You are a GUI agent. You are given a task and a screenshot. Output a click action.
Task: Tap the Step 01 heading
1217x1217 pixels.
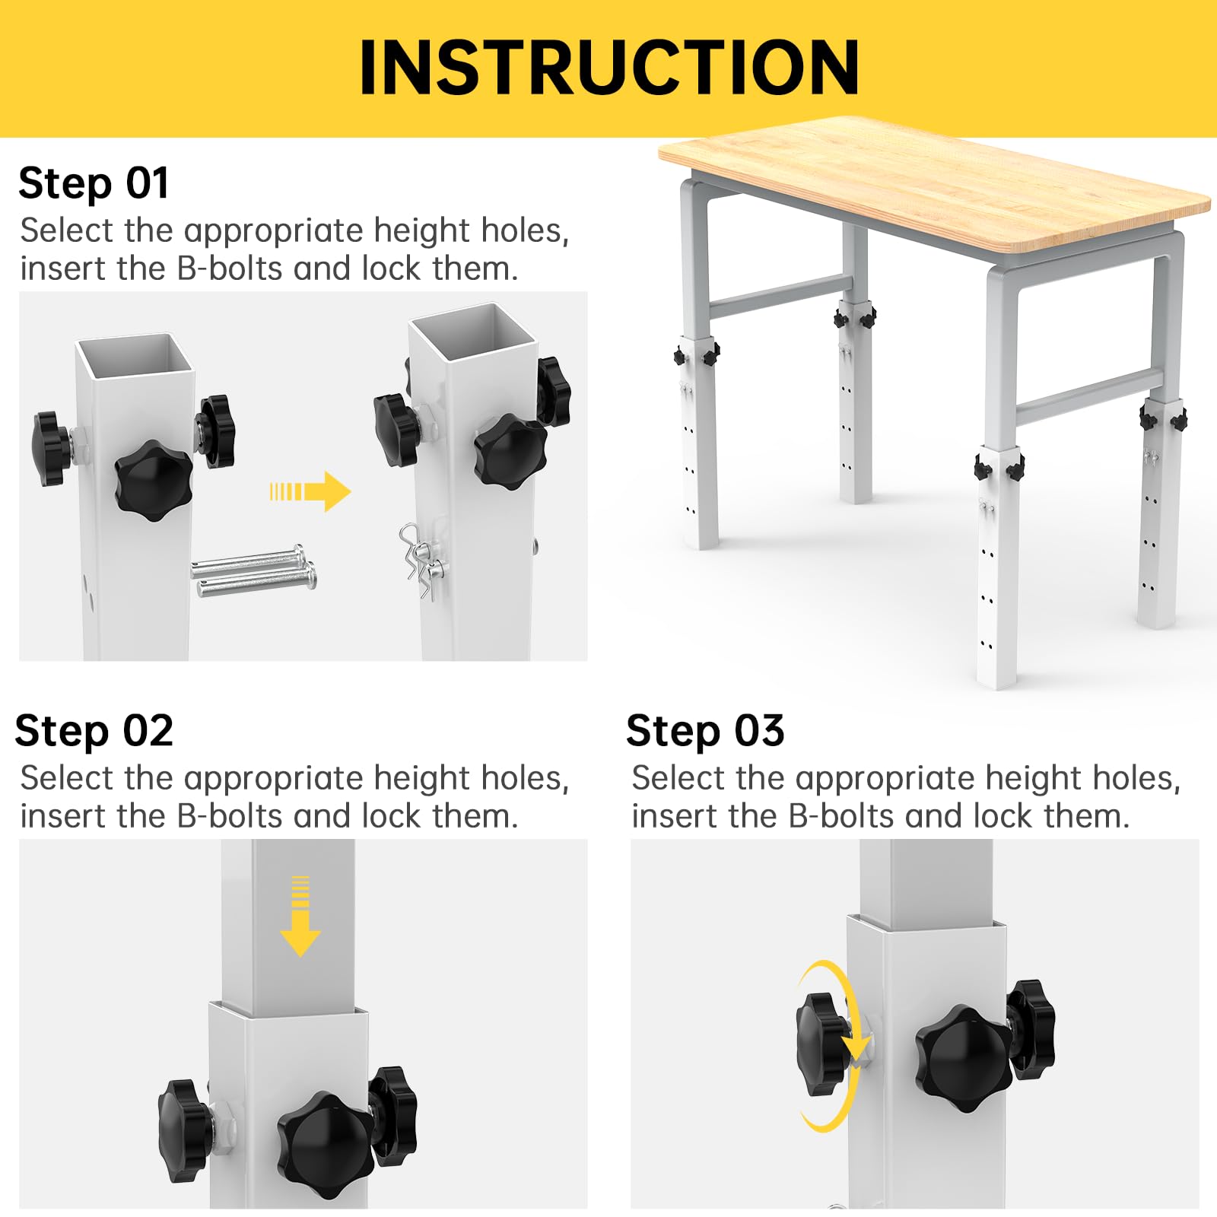93,184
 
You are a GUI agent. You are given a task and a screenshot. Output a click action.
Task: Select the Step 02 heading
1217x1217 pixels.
94,732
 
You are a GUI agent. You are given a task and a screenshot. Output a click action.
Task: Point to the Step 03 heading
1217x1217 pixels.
704,732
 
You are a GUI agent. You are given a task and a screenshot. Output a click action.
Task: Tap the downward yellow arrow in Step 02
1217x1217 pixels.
300,917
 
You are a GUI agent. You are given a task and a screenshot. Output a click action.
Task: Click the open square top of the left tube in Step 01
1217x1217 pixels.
135,354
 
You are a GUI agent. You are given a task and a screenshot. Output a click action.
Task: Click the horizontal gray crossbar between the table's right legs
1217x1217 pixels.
1088,396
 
